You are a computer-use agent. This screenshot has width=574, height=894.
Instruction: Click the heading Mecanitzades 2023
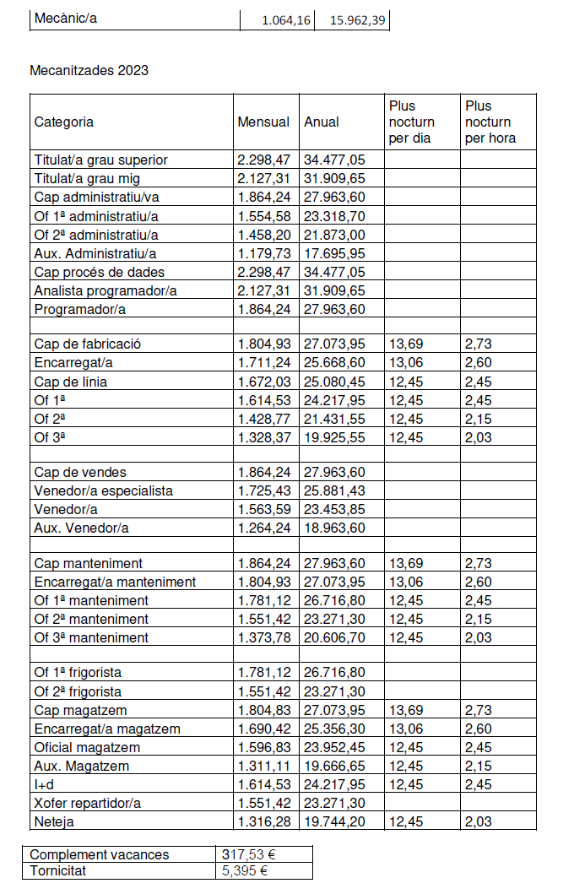89,70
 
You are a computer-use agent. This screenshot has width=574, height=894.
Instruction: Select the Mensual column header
263,122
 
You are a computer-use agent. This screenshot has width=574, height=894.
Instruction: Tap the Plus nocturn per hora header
490,122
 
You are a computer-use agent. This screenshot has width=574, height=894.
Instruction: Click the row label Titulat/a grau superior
101,160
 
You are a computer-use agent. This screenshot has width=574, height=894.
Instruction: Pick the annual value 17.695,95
334,253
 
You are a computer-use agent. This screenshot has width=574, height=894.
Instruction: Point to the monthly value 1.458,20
263,235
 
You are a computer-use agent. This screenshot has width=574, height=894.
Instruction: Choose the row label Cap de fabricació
88,344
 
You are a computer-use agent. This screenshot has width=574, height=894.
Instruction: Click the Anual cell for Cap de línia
334,382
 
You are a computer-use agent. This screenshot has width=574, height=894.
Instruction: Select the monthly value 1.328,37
263,437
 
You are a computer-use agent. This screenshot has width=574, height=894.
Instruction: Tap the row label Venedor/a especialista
104,490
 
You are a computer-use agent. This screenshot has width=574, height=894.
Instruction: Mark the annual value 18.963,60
334,528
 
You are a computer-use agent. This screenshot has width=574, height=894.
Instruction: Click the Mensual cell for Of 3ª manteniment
263,637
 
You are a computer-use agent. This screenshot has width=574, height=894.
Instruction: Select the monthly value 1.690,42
263,729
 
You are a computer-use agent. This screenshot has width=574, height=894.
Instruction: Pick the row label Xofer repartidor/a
88,803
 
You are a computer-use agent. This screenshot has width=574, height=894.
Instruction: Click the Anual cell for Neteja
334,821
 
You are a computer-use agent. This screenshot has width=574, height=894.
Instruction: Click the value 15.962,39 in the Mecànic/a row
352,19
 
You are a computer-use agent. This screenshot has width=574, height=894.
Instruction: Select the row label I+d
44,784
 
